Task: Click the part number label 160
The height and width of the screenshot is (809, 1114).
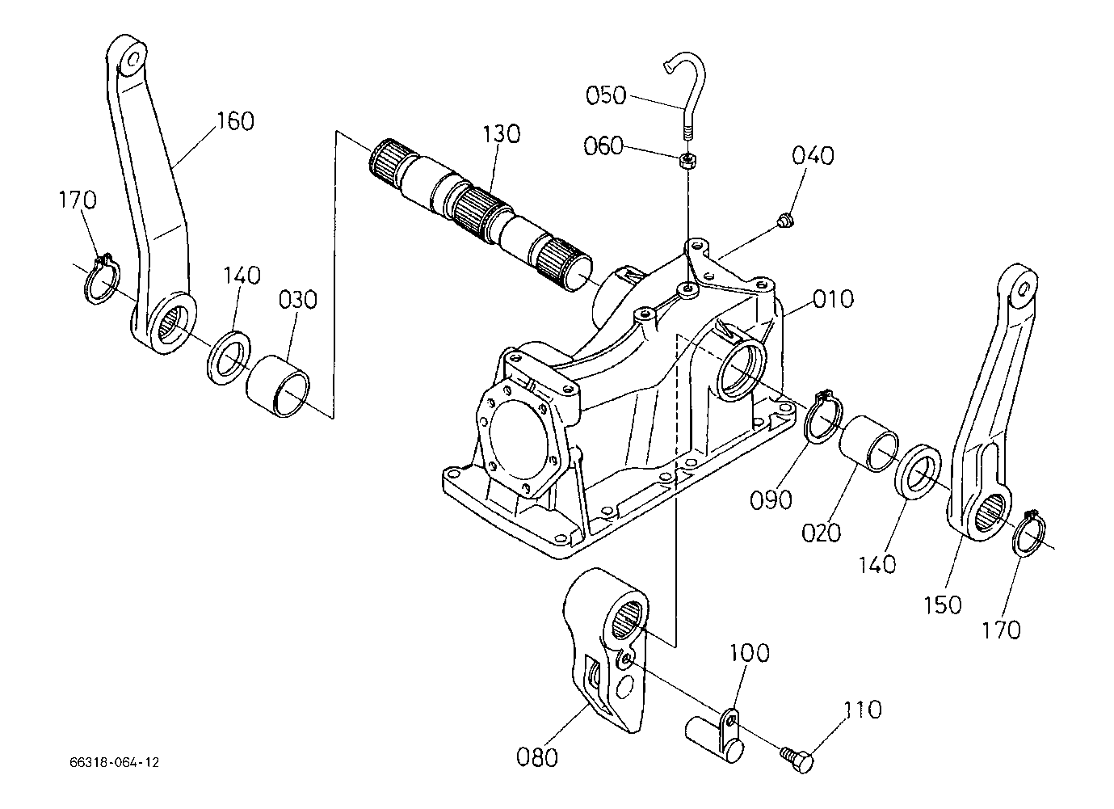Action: coord(235,121)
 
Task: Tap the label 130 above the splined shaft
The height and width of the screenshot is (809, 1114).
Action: coord(502,134)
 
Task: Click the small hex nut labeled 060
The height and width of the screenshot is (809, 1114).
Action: coord(687,161)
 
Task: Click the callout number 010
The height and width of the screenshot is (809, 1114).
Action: coord(834,299)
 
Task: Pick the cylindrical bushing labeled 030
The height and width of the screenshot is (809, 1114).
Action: coord(278,386)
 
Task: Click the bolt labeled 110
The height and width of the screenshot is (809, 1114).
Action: coord(797,759)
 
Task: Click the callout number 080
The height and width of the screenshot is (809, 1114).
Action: coord(536,758)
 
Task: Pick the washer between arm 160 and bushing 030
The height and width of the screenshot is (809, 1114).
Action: coord(229,356)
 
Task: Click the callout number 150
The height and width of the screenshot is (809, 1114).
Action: coord(943,605)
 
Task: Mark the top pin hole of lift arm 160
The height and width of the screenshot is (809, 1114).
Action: coord(132,61)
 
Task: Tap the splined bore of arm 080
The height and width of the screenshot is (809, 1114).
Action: coord(626,620)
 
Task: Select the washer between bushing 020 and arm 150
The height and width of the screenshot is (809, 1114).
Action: coord(918,470)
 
